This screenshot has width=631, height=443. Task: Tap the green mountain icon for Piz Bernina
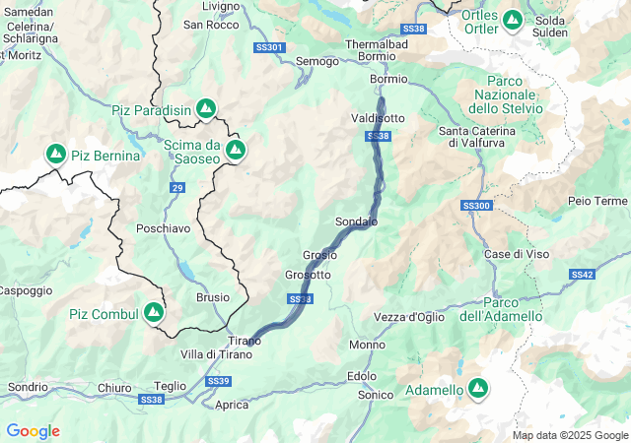[55, 155]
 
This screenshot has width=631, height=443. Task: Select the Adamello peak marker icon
[478, 390]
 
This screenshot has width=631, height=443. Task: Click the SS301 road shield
[268, 47]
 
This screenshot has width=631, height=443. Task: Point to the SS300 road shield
[475, 206]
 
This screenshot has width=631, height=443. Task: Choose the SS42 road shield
[582, 275]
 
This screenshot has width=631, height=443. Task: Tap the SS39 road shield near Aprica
[219, 381]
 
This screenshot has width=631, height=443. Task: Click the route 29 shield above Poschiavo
[176, 187]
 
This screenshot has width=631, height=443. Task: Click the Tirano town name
[245, 341]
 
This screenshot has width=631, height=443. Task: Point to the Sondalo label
[356, 221]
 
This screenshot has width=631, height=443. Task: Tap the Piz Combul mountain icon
[153, 313]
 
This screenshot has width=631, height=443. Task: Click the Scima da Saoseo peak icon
[236, 150]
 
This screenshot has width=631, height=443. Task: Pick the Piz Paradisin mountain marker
[205, 107]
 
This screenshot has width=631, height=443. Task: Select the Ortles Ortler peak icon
[512, 19]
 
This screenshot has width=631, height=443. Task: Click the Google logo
[33, 431]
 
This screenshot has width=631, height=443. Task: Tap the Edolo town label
[362, 376]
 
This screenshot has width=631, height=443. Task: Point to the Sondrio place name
[28, 387]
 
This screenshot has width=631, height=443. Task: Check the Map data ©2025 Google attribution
[569, 435]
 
